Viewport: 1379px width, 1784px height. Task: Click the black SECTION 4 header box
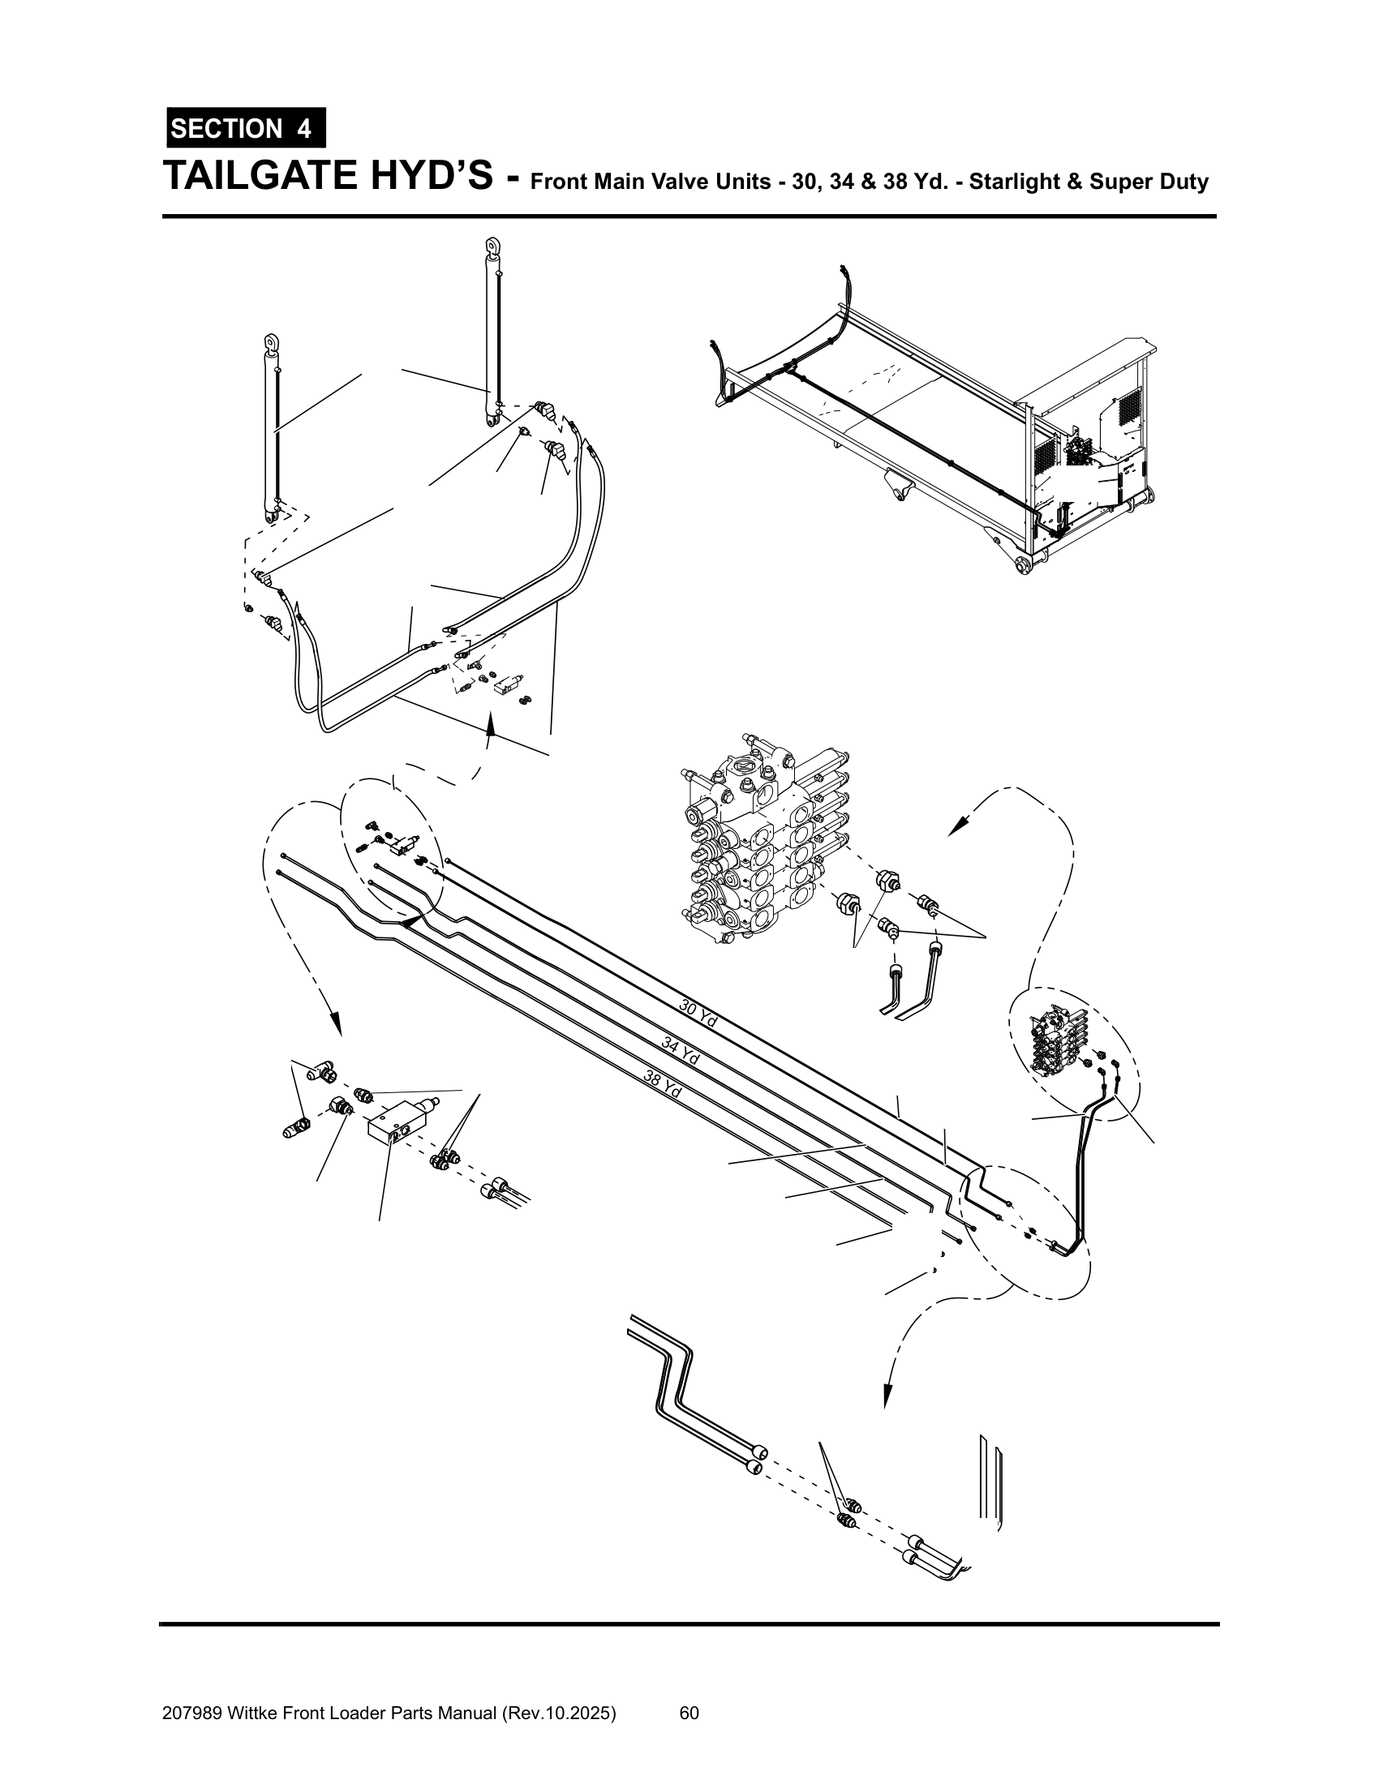(x=246, y=128)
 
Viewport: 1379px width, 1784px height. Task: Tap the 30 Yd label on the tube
(x=698, y=1014)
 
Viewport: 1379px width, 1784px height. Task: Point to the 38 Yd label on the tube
(x=663, y=1084)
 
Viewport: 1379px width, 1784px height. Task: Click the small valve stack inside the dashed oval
(x=1059, y=1040)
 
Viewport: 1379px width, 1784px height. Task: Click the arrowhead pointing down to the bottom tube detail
(x=886, y=1398)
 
